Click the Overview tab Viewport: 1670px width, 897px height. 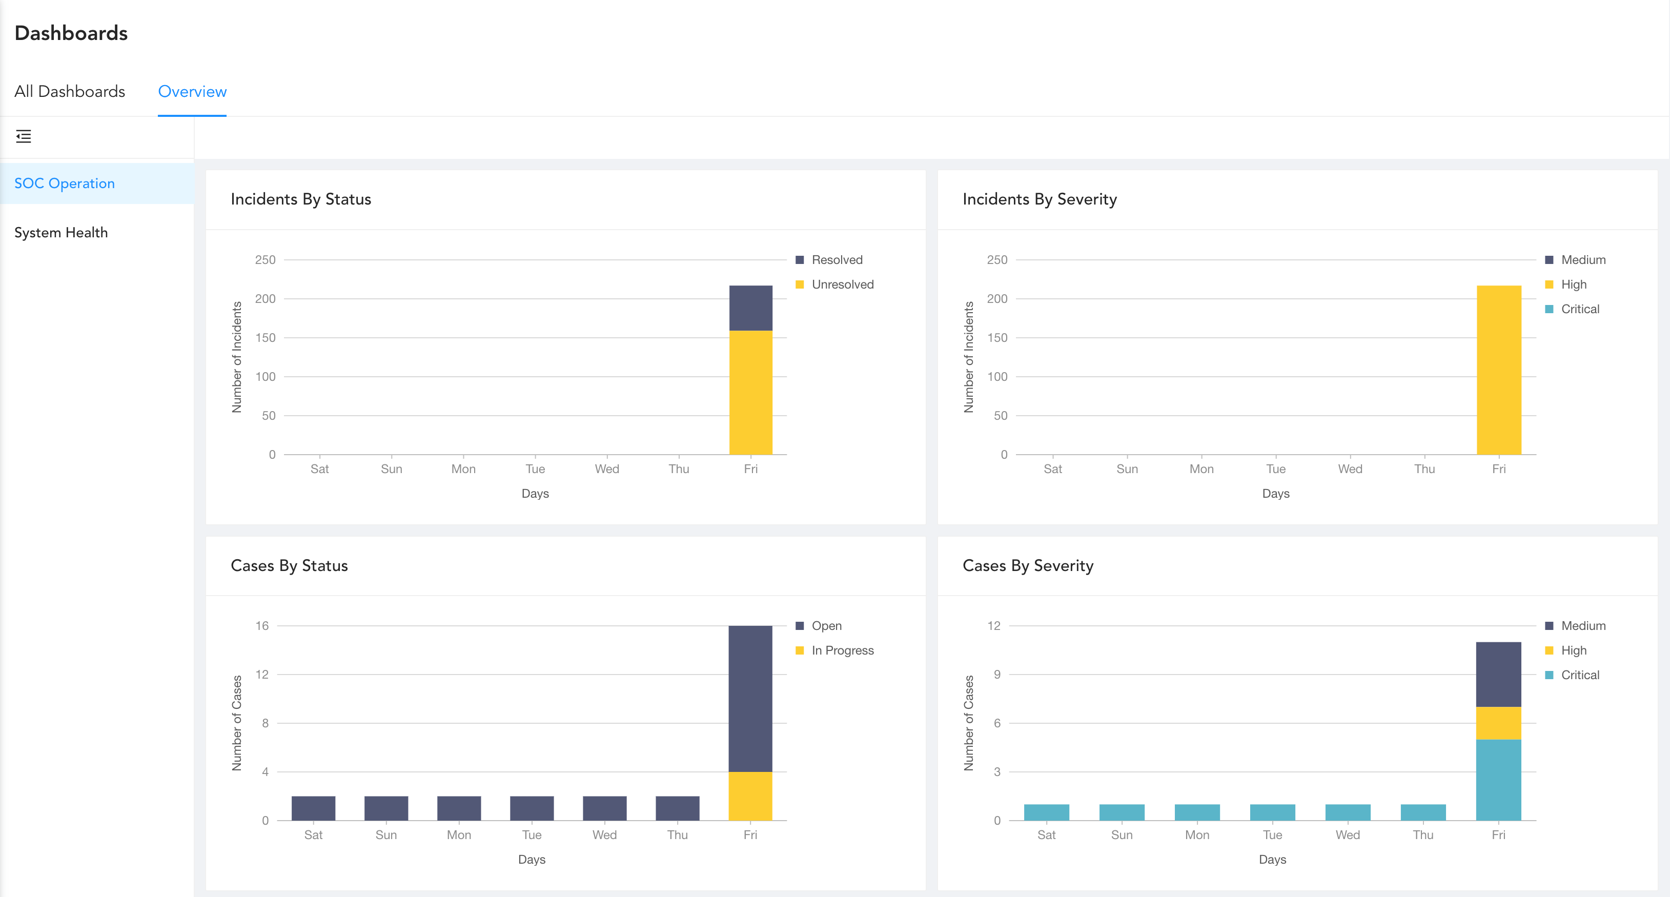(x=192, y=91)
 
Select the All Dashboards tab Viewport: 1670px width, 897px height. (x=69, y=91)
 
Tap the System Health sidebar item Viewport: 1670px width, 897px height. (x=61, y=233)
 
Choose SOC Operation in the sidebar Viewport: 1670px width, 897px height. (x=64, y=184)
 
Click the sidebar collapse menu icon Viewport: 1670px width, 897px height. (x=24, y=136)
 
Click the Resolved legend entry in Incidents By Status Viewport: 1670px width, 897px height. (x=837, y=260)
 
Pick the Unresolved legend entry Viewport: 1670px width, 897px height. (x=842, y=284)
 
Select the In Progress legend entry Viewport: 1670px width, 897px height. (x=842, y=651)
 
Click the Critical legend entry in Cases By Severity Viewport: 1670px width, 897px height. (x=1579, y=676)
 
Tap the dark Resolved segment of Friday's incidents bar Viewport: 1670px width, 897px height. (x=751, y=308)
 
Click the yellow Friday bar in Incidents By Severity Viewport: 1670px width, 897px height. (x=1499, y=370)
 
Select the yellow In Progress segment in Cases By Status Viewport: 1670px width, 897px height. (x=750, y=796)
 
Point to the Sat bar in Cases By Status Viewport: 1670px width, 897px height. (x=313, y=808)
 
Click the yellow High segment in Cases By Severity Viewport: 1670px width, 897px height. (x=1498, y=723)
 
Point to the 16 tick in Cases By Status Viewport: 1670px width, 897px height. (x=262, y=626)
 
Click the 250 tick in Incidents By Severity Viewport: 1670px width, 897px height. (x=996, y=260)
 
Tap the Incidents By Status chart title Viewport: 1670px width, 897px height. (x=301, y=199)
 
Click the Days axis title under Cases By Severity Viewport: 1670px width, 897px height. (x=1272, y=860)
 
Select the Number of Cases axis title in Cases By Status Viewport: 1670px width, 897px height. (x=237, y=723)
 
